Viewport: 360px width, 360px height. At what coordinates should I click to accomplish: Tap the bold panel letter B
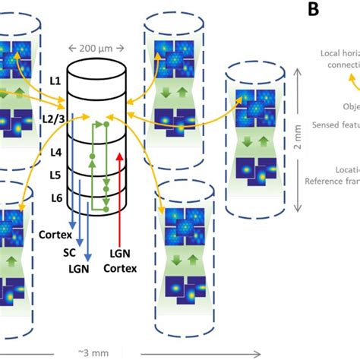click(x=313, y=10)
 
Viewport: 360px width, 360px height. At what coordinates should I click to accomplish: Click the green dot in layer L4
click(x=93, y=156)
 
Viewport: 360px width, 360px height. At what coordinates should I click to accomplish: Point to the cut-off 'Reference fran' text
click(x=331, y=180)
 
